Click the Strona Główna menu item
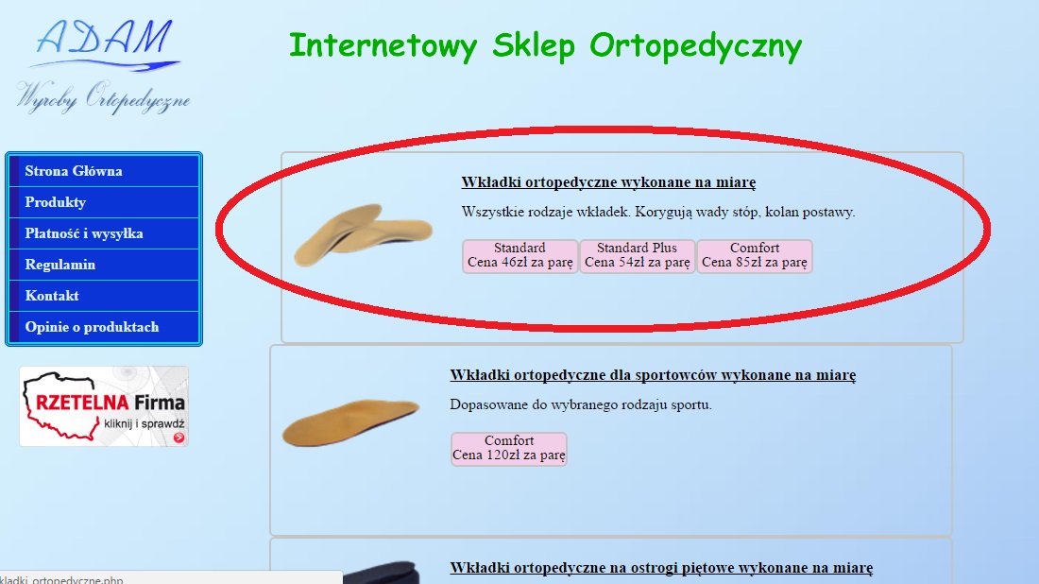pyautogui.click(x=105, y=171)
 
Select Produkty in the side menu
pyautogui.click(x=105, y=202)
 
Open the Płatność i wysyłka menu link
pyautogui.click(x=105, y=233)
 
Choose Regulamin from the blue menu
pyautogui.click(x=105, y=265)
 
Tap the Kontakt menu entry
pyautogui.click(x=105, y=296)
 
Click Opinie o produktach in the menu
pyautogui.click(x=105, y=327)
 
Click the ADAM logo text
pyautogui.click(x=105, y=39)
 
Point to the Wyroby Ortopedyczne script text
pyautogui.click(x=103, y=96)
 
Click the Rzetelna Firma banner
pyautogui.click(x=104, y=406)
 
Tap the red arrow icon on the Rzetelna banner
pyautogui.click(x=179, y=438)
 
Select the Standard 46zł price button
pyautogui.click(x=520, y=256)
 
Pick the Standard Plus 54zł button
pyautogui.click(x=637, y=256)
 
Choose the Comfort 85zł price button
pyautogui.click(x=754, y=256)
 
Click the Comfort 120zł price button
pyautogui.click(x=509, y=449)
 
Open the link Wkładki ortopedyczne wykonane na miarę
pyautogui.click(x=608, y=182)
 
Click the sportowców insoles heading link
pyautogui.click(x=653, y=375)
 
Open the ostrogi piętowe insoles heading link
pyautogui.click(x=661, y=568)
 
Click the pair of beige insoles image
pyautogui.click(x=363, y=234)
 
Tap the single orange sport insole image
pyautogui.click(x=350, y=421)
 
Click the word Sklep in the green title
pyautogui.click(x=534, y=46)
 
